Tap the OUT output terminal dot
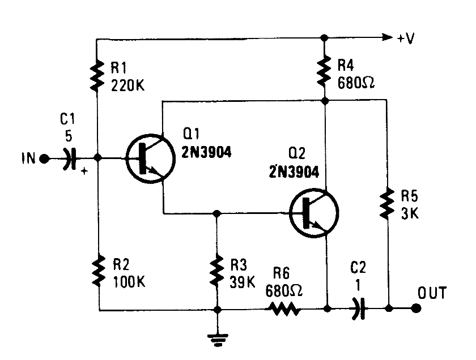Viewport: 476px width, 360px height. [x=416, y=309]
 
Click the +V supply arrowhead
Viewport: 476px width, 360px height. [x=386, y=38]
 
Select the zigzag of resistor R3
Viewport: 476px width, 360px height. [x=216, y=272]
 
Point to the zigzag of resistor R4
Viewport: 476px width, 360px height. [x=325, y=71]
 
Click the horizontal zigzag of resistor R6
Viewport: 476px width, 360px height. [x=284, y=309]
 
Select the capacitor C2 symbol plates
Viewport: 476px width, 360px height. [x=357, y=309]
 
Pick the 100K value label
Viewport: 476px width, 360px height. [x=128, y=281]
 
